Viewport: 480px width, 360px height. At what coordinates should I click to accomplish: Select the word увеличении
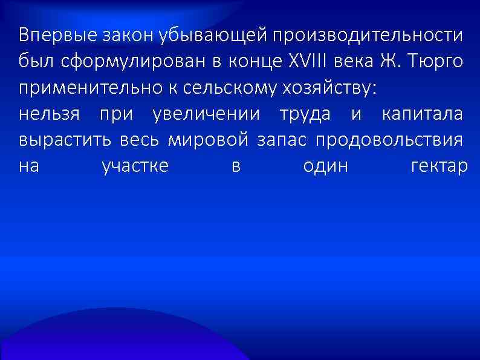206,114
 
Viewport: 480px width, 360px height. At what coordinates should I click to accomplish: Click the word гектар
438,166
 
